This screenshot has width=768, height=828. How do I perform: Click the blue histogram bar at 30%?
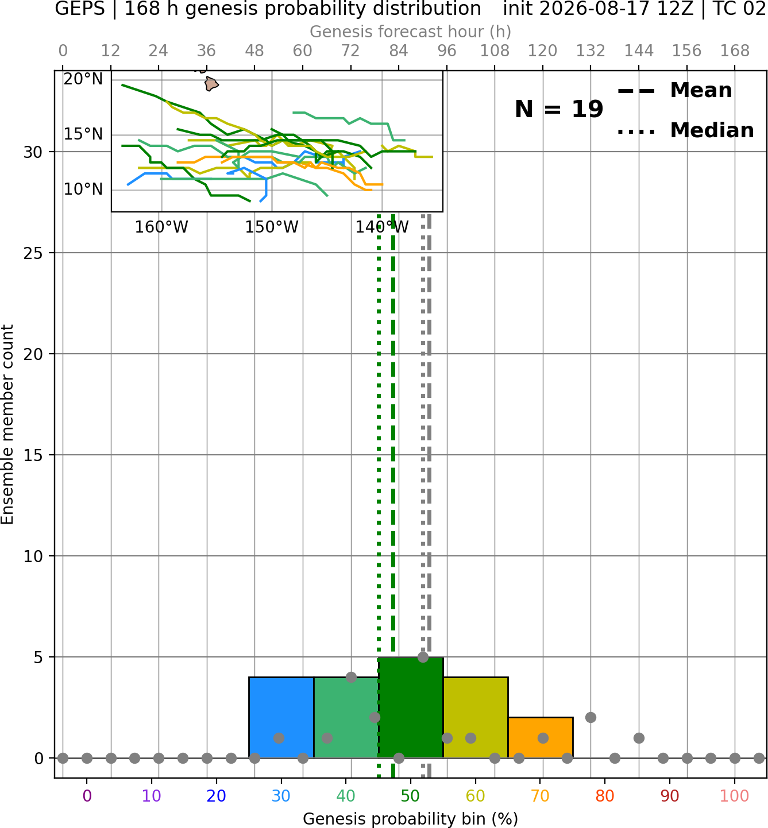coord(281,718)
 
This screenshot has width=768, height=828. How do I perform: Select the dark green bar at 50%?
coord(411,707)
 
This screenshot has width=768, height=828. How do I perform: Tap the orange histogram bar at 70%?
coord(540,737)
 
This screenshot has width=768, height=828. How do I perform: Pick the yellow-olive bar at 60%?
coord(476,718)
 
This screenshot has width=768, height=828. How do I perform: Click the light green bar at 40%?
coord(346,718)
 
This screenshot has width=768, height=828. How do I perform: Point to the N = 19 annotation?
coord(559,109)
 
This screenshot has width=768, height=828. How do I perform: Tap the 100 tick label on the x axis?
coord(734,796)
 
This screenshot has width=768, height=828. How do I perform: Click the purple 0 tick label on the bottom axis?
coord(87,796)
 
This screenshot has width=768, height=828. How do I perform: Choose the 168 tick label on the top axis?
coord(735,51)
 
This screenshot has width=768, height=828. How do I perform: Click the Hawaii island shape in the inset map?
coord(211,83)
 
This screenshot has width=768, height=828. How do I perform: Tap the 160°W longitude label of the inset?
coord(161,227)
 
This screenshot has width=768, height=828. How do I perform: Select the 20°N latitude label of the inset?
coord(83,79)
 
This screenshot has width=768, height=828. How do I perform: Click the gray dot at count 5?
coord(423,657)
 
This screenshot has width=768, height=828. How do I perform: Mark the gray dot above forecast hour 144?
coord(639,738)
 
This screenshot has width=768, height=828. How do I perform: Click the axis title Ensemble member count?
coord(7,424)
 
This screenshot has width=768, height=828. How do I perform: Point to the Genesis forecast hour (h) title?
coord(411,32)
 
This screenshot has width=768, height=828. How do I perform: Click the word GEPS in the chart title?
coord(80,9)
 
